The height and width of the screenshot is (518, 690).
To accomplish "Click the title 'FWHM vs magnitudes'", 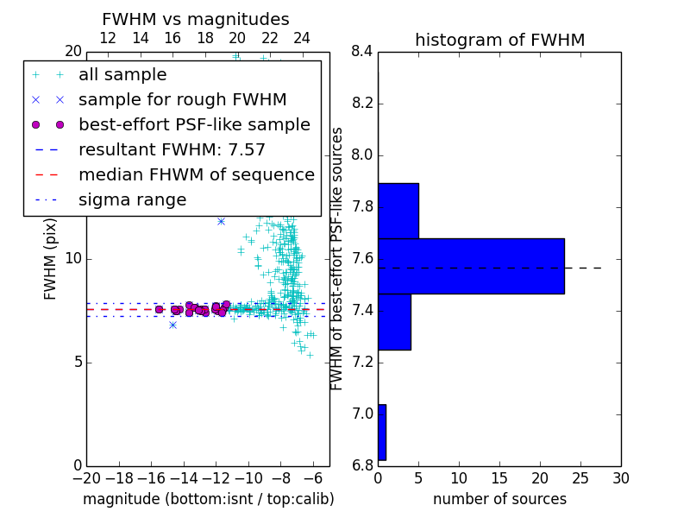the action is click(196, 19).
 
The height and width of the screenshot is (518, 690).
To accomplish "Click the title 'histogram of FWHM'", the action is click(500, 40).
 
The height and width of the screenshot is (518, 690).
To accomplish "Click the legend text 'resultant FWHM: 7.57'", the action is click(172, 149).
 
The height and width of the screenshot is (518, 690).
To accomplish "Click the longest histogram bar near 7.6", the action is click(471, 266).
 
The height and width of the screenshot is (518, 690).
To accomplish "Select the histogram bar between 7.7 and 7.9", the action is click(398, 211).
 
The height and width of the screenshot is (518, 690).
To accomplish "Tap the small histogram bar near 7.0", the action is click(382, 433).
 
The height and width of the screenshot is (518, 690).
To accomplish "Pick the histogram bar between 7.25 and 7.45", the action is click(394, 322).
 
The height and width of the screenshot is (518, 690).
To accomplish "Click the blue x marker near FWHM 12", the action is click(221, 222).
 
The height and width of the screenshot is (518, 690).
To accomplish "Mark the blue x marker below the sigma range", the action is click(173, 325).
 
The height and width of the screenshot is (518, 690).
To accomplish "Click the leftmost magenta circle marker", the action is click(159, 310).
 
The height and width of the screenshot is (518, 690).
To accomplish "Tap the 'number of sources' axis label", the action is click(500, 499).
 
